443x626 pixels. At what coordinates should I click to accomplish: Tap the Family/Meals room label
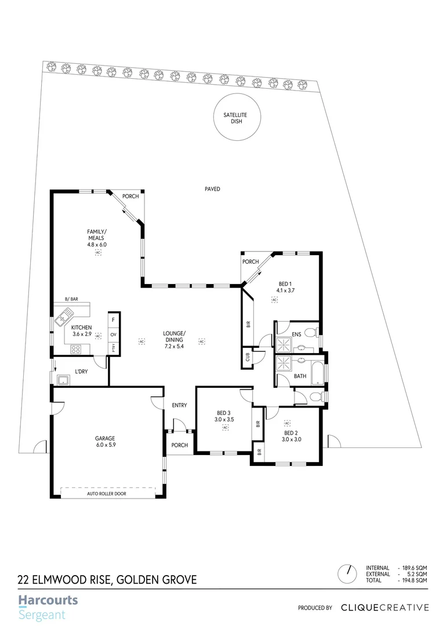97,235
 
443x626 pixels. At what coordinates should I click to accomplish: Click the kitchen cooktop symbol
75,348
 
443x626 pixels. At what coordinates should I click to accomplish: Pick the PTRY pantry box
113,348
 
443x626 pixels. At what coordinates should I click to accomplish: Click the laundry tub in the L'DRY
63,380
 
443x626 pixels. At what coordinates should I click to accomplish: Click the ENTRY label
179,405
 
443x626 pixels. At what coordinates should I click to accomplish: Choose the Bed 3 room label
224,413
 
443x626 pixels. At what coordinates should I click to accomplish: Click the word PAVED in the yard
212,189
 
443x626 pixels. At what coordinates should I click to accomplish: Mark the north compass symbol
348,573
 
